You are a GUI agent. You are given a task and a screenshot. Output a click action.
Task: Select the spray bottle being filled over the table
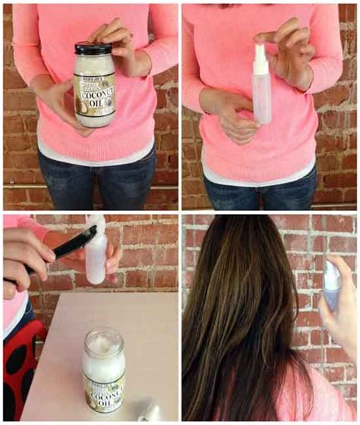click(x=96, y=258)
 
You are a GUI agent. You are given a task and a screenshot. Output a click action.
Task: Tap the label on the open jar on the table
click(x=104, y=395)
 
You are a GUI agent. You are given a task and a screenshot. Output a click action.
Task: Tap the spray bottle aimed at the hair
click(x=330, y=288)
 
